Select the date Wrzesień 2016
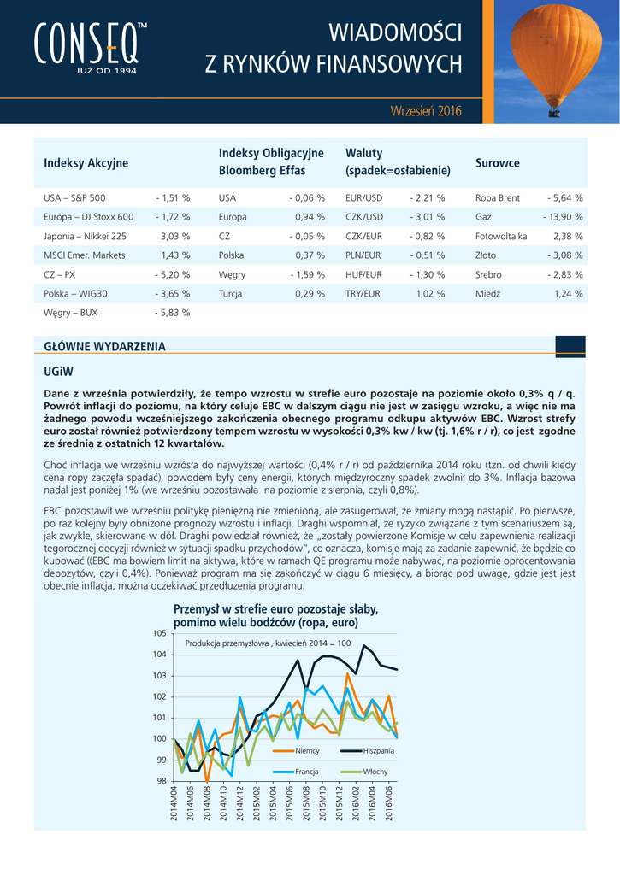(x=425, y=111)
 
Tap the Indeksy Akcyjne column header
(x=86, y=163)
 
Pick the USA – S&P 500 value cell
(x=173, y=198)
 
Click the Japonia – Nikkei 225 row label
(x=85, y=236)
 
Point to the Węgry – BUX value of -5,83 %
(x=173, y=313)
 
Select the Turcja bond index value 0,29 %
(x=309, y=294)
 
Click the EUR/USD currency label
(x=363, y=198)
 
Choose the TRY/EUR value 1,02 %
(x=430, y=294)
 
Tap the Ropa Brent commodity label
(x=497, y=198)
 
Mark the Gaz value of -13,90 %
(x=563, y=217)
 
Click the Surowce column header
(x=497, y=163)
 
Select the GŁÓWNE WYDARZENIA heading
(x=104, y=346)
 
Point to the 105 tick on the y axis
(x=160, y=633)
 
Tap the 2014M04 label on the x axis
(x=174, y=804)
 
